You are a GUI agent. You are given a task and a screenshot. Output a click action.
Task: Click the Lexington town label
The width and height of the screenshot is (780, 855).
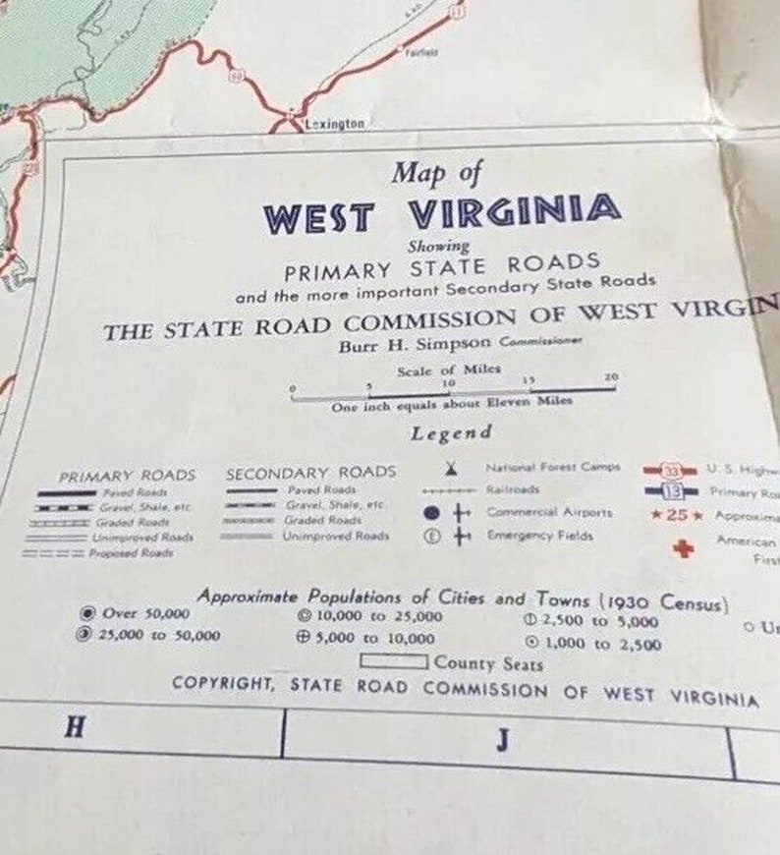(335, 124)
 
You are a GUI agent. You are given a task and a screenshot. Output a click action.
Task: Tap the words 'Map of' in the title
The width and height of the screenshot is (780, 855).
(437, 173)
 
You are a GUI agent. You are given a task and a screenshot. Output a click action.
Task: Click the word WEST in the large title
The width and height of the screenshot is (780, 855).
(318, 215)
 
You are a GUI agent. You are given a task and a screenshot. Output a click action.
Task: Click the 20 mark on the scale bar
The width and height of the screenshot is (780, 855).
(610, 377)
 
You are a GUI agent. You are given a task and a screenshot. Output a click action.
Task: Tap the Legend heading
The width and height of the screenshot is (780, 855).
(451, 432)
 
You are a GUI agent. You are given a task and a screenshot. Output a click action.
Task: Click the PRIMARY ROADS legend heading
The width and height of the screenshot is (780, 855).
(127, 474)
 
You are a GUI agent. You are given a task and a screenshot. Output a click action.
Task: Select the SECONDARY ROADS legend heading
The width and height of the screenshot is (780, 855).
(310, 473)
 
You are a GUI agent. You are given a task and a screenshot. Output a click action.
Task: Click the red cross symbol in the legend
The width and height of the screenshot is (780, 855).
(682, 549)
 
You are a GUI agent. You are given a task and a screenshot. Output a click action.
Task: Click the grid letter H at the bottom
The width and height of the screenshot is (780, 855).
(73, 728)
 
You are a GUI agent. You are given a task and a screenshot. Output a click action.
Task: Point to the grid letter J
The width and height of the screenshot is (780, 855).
(503, 740)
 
